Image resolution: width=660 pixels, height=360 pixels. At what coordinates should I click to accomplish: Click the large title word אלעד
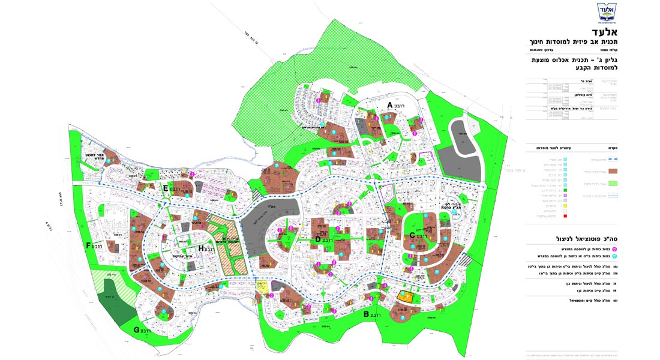point(614,31)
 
